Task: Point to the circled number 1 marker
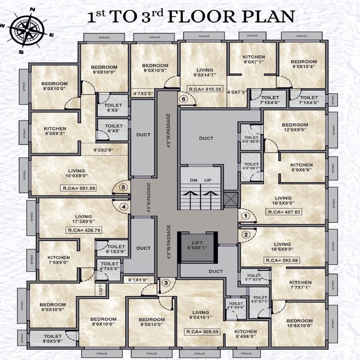click(x=245, y=216)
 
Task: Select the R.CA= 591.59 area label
click(x=81, y=188)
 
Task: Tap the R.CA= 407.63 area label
click(x=284, y=211)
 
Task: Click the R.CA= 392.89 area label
click(x=282, y=260)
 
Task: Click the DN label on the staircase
click(x=193, y=180)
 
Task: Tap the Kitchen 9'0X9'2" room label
click(x=55, y=131)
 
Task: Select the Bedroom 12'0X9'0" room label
click(x=295, y=127)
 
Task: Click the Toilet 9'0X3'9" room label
click(x=54, y=338)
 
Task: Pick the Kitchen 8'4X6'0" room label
click(x=245, y=334)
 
